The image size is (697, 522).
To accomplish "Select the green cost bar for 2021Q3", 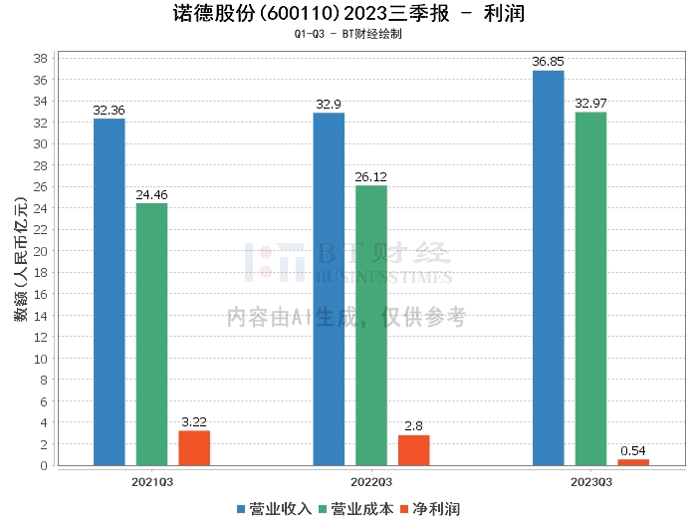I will coord(151,334).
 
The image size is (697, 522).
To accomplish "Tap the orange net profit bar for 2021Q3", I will coord(194,447).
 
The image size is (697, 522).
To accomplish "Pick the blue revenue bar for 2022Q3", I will coord(329,289).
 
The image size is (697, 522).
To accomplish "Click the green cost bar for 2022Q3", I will coord(371,325).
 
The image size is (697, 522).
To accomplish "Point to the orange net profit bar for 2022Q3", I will coord(414,450).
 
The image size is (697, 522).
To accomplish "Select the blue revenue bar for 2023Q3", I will coord(549,268).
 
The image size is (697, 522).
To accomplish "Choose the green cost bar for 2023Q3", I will coord(590,289).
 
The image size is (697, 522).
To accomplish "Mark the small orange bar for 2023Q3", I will coord(633,462).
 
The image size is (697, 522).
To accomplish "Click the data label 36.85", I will coord(549,62).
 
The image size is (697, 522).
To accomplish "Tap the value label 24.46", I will coord(151,195).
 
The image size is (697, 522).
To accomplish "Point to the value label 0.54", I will coord(633,451).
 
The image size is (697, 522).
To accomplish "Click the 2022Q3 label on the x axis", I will coord(370,481).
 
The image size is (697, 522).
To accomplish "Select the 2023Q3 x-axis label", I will coord(590,481).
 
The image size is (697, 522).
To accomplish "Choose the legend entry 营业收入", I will coord(275,509).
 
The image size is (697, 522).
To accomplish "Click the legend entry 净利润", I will coord(432,509).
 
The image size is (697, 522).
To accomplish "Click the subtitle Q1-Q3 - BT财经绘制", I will coord(348,34).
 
